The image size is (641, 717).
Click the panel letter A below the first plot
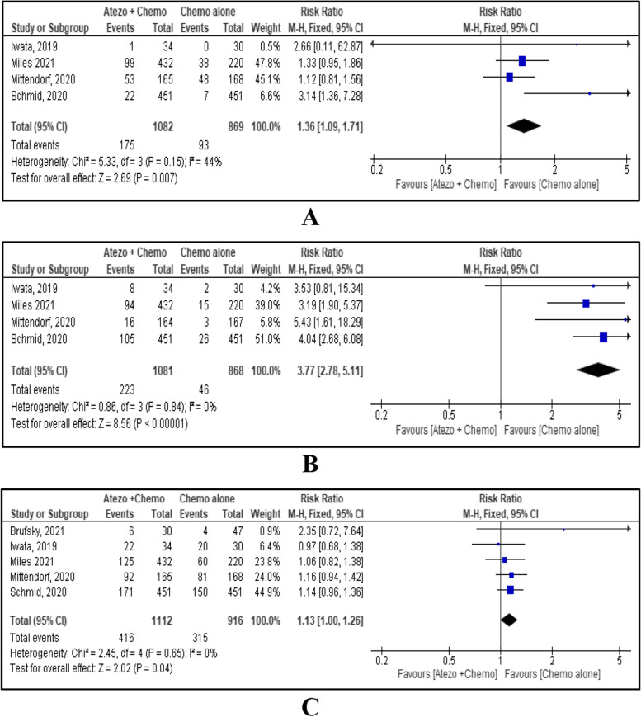[x=311, y=219]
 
